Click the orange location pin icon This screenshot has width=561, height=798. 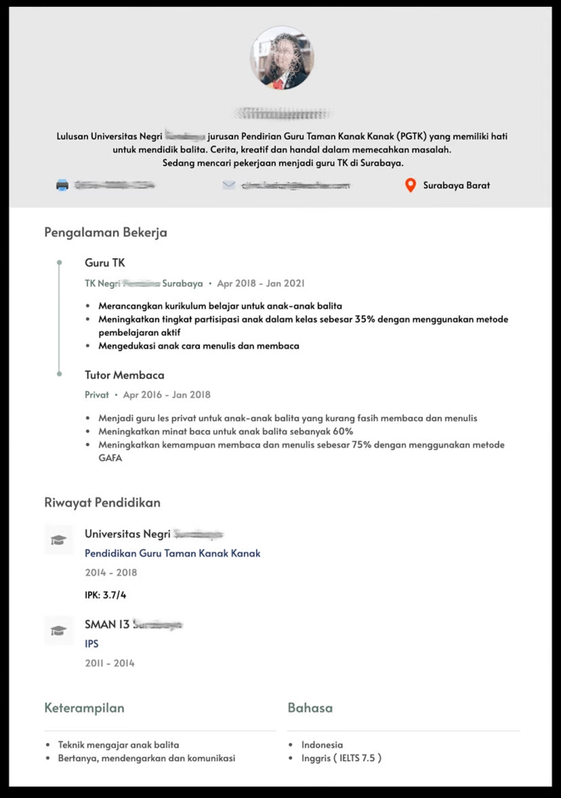click(410, 185)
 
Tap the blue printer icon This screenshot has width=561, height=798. click(62, 185)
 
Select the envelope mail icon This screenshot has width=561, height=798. click(229, 185)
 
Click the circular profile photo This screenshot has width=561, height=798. click(282, 58)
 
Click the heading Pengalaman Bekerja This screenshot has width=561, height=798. click(106, 232)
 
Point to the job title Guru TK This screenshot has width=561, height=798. click(105, 263)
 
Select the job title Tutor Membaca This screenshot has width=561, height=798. click(124, 375)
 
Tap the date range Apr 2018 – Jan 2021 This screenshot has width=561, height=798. click(261, 283)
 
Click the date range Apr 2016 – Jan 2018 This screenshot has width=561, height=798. click(167, 395)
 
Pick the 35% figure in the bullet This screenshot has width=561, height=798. click(365, 319)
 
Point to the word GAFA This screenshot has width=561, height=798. click(110, 458)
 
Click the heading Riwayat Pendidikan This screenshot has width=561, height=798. click(102, 503)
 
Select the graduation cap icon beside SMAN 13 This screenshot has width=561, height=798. click(58, 631)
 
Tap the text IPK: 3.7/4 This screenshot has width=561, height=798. click(105, 595)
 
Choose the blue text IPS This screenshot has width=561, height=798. click(92, 644)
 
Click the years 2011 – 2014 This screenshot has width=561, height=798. click(110, 663)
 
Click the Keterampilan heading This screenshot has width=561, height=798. click(84, 708)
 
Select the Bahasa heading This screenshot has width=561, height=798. click(310, 708)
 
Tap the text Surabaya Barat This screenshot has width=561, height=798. click(456, 185)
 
